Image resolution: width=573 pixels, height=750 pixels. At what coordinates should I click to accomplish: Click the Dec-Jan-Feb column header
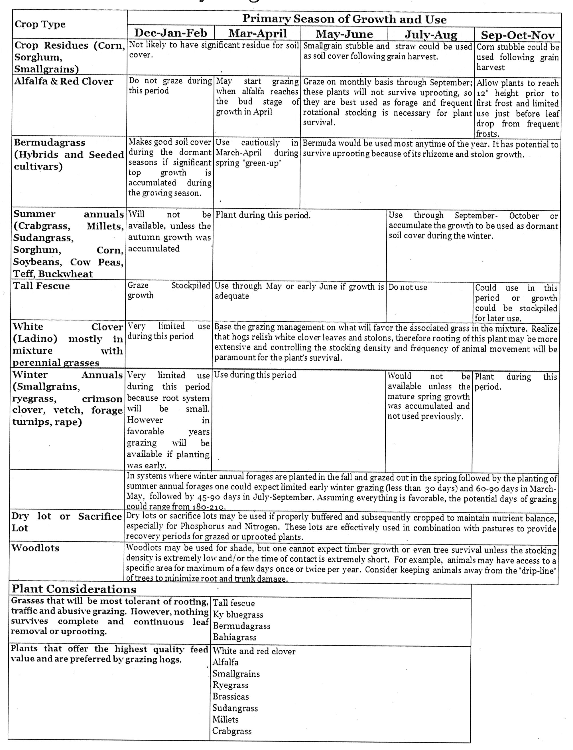coord(170,33)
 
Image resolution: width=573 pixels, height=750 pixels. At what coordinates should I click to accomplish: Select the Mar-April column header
coord(257,33)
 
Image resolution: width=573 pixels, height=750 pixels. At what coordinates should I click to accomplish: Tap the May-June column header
coord(344,34)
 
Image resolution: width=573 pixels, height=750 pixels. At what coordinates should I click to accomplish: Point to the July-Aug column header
coord(431,35)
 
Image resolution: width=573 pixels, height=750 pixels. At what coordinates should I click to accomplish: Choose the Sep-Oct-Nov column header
coord(517,35)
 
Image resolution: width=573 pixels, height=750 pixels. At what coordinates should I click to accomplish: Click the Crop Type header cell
coord(40,25)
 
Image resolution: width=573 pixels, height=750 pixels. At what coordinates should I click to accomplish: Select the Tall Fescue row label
coord(41,286)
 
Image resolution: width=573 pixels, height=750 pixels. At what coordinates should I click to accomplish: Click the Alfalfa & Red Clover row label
coord(64,81)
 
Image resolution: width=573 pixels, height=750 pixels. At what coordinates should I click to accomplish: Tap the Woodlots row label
coord(35,548)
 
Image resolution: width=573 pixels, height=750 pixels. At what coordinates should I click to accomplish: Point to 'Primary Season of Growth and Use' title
coord(344,19)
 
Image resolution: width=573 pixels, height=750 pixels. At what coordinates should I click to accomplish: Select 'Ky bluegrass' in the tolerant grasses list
coord(238,615)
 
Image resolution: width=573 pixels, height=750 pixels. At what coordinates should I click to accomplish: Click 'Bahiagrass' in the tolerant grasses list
coord(235,637)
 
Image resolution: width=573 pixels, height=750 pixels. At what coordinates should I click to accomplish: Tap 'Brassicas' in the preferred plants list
coord(231,697)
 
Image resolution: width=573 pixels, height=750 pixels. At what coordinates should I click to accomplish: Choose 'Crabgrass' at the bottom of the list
coord(232,731)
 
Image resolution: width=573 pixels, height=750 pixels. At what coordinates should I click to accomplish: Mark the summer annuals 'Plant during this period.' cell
coord(263,215)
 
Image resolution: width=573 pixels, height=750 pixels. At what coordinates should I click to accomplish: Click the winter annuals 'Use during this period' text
coord(255,375)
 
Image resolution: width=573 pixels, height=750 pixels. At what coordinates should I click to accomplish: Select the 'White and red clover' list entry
coord(254,651)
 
